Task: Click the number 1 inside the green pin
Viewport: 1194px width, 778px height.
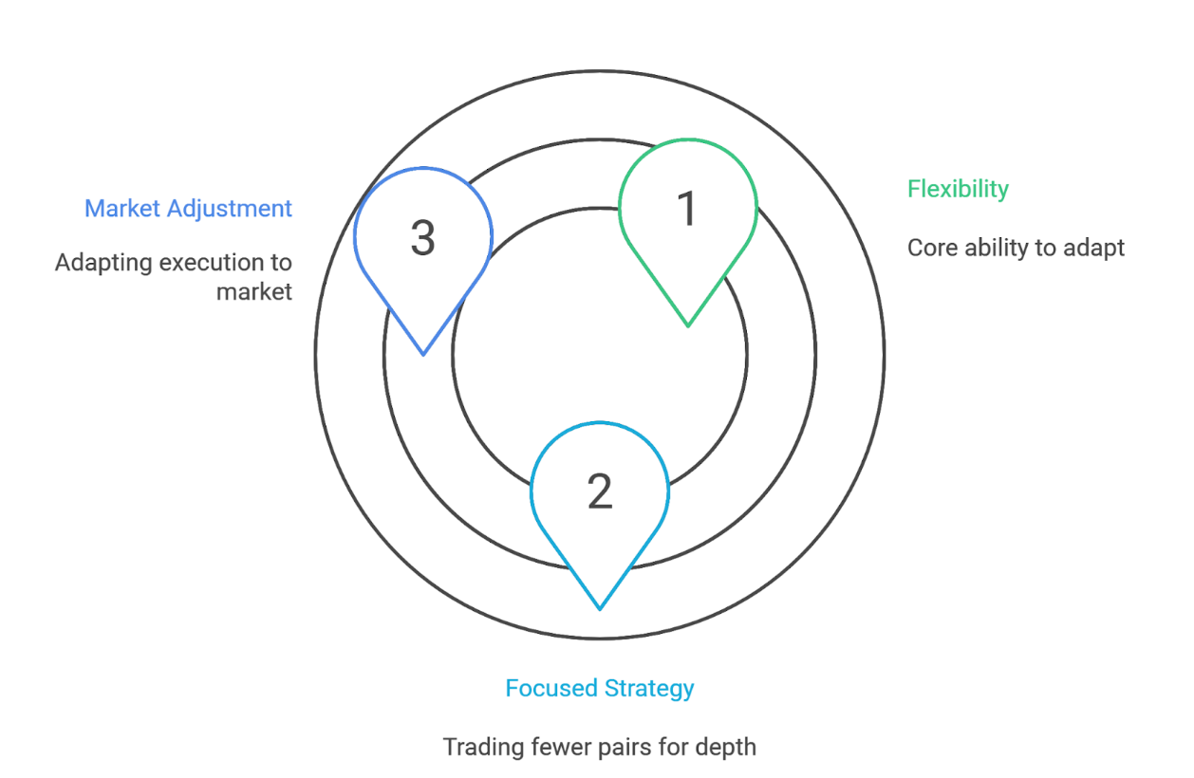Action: pos(687,209)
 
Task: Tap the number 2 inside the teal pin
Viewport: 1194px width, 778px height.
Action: pos(599,491)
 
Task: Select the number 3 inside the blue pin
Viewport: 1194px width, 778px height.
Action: pos(422,238)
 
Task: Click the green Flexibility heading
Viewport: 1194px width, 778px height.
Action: pos(958,189)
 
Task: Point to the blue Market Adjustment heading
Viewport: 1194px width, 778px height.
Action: pos(188,208)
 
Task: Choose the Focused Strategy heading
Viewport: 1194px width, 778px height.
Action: pos(599,688)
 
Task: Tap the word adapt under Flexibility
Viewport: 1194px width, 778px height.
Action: pos(1095,249)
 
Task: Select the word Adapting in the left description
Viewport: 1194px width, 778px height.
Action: pos(96,262)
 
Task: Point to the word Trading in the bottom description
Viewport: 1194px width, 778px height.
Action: pos(480,747)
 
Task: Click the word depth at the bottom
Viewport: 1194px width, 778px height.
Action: pos(727,747)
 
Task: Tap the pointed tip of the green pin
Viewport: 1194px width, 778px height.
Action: pos(688,325)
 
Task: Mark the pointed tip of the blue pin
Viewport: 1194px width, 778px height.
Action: pos(423,354)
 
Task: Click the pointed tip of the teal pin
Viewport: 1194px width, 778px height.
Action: pos(600,608)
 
